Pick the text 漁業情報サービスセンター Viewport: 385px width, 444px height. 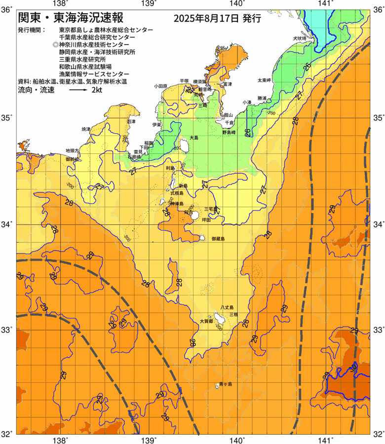97,74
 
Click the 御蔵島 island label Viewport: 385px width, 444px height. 218,239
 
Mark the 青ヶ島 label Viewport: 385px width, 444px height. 226,384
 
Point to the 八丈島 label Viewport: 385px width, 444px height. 227,307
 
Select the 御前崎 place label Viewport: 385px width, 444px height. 72,159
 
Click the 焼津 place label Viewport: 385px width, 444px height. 86,129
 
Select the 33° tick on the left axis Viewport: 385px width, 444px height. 7,329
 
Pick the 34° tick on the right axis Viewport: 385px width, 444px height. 378,224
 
